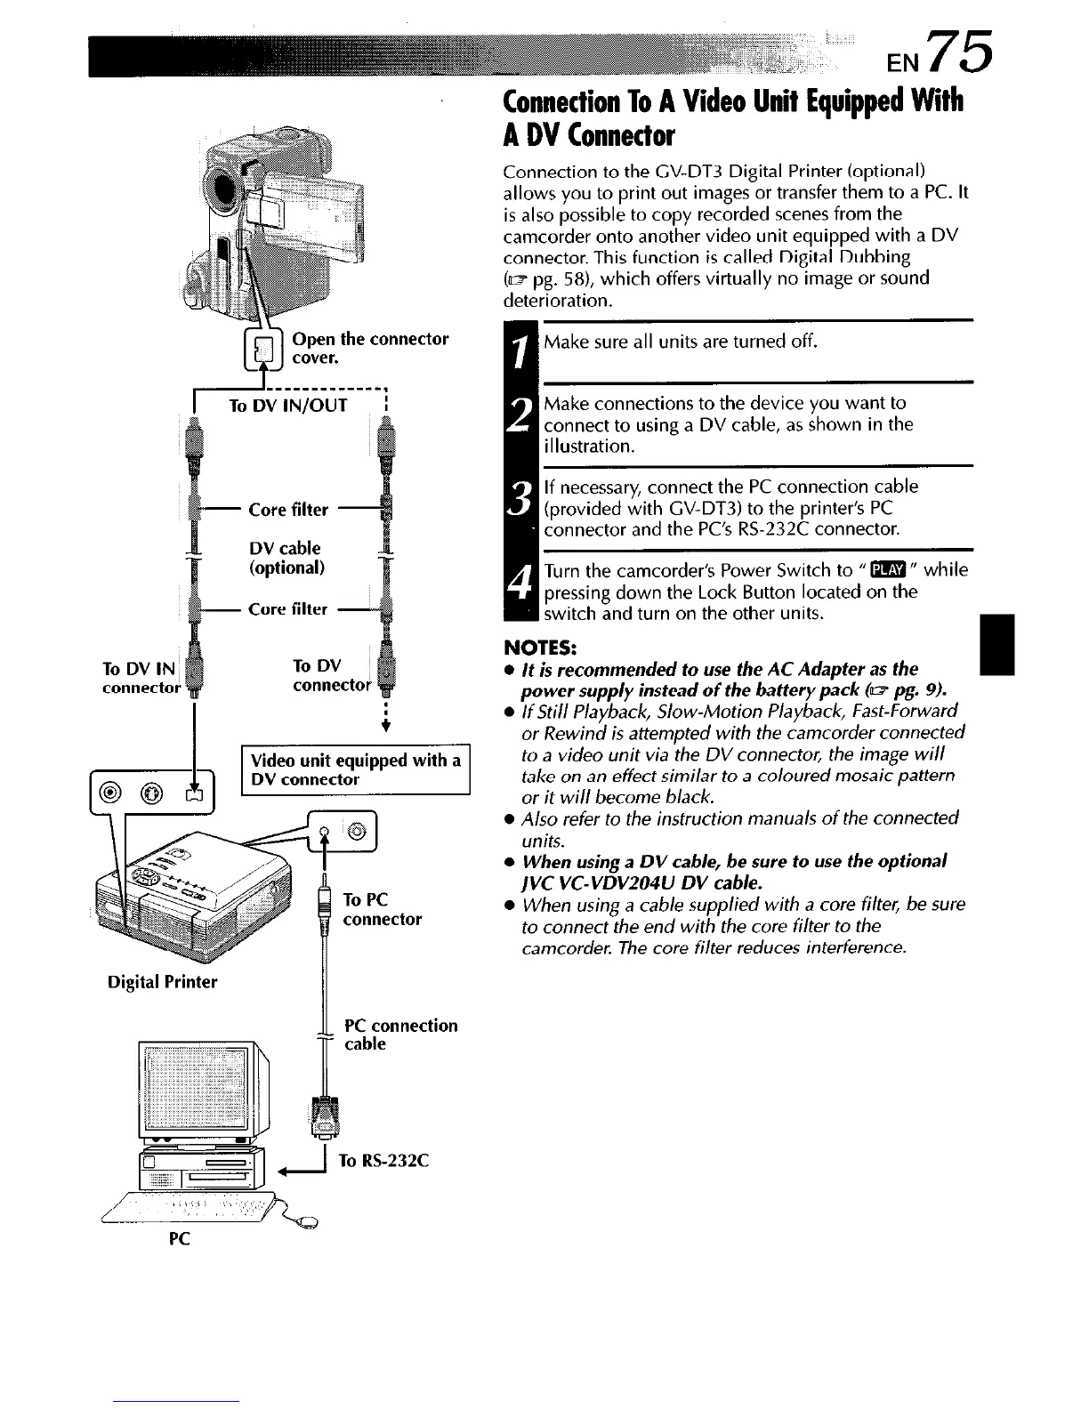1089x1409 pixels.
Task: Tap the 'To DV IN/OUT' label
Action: [288, 407]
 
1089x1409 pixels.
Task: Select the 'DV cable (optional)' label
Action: [286, 558]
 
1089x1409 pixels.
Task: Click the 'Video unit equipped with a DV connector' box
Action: [356, 769]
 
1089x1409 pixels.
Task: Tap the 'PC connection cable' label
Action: [400, 1035]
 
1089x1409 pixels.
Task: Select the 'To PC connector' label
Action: [382, 909]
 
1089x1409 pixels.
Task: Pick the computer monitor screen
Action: [195, 1087]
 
